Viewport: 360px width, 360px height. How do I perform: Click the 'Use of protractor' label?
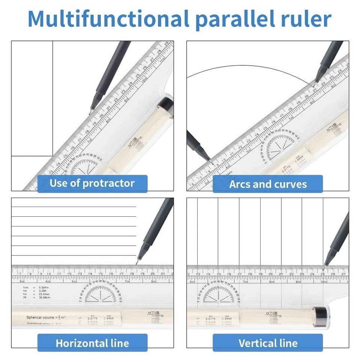(x=92, y=183)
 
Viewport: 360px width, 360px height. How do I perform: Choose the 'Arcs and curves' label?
(x=268, y=184)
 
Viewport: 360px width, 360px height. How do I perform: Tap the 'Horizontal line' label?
(x=92, y=343)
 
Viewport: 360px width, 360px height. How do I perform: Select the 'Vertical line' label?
(x=268, y=343)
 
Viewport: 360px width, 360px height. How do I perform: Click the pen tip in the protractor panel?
(x=90, y=112)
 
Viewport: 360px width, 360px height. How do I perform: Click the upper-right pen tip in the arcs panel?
(x=315, y=82)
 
